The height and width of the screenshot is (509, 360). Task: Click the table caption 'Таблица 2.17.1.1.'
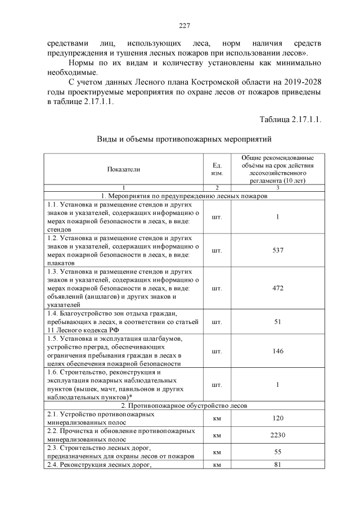click(290, 119)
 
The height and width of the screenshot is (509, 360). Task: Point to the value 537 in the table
click(277, 250)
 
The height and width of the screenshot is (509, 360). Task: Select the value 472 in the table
click(277, 288)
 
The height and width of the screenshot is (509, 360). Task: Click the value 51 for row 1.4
click(277, 322)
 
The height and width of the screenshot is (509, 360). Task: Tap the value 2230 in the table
click(277, 435)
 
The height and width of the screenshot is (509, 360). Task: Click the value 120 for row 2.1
click(277, 418)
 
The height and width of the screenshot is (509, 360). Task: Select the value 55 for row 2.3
click(277, 452)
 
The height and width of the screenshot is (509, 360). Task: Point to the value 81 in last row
click(277, 465)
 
